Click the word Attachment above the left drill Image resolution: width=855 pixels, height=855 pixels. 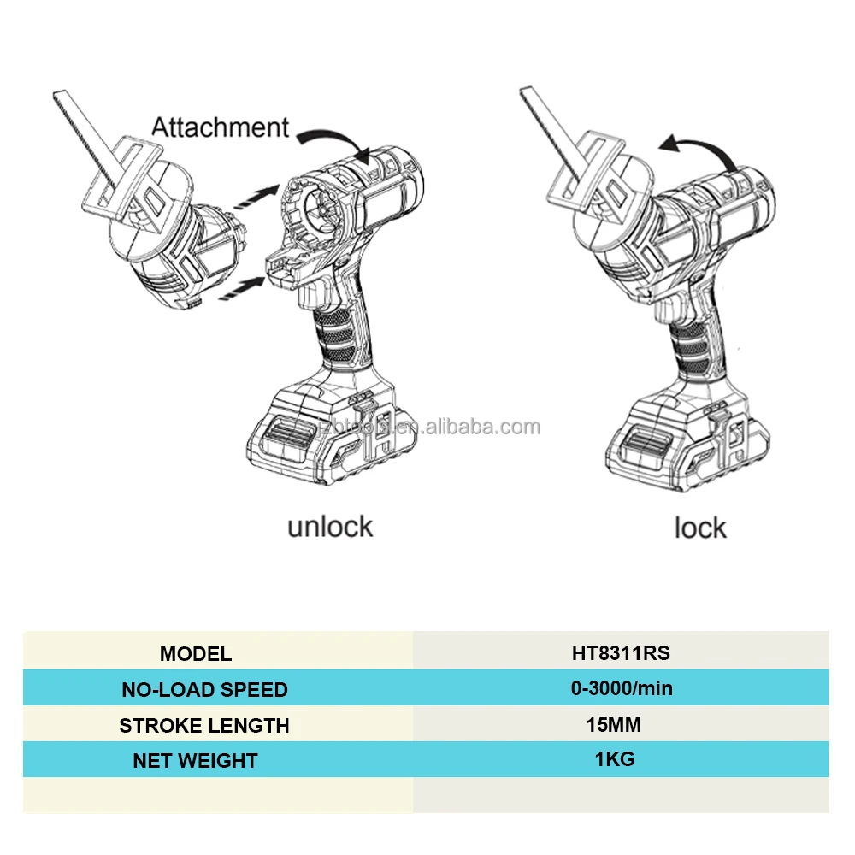(221, 127)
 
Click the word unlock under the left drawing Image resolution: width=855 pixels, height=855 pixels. (330, 526)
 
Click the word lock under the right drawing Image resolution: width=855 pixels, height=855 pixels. (700, 528)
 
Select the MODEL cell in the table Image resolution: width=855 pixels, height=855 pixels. (195, 654)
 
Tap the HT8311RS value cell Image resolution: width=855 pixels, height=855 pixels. (621, 653)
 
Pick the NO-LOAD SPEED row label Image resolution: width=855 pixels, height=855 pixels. (204, 689)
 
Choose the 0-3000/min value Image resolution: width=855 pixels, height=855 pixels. (621, 688)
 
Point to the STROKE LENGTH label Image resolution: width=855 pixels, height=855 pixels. (204, 726)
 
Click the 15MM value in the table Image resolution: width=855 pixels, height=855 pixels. (613, 725)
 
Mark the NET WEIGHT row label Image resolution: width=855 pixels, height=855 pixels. (195, 760)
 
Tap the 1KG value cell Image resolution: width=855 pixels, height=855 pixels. (615, 758)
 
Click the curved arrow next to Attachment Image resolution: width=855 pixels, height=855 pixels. (337, 141)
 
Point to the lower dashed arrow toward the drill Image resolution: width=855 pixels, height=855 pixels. (243, 288)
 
